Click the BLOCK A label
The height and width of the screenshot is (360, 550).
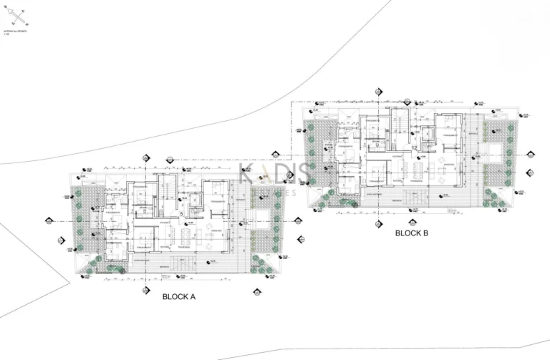click(179, 296)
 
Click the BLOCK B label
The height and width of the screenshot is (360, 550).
click(411, 233)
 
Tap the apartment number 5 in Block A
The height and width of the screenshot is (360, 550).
click(182, 213)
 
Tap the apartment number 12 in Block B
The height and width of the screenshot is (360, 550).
click(415, 147)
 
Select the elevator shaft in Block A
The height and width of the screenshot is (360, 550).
click(193, 201)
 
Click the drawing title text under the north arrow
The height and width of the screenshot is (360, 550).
click(15, 34)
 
